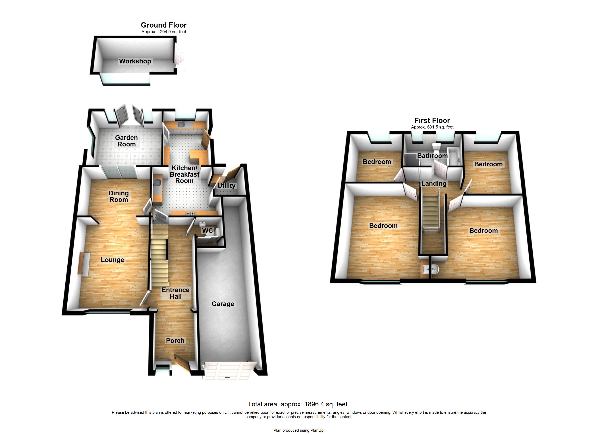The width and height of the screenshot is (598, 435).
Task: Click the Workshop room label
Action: [x=135, y=61]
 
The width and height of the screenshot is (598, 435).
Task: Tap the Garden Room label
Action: [x=126, y=141]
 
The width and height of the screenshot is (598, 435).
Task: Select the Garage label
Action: [x=223, y=304]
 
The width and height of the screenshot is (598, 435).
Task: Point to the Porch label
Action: [x=175, y=341]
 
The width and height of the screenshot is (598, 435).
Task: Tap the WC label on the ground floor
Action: [x=207, y=231]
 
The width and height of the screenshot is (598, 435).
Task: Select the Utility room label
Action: [x=226, y=186]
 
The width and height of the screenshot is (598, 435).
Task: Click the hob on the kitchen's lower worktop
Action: [x=190, y=213]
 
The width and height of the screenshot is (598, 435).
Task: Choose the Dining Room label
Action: [x=119, y=196]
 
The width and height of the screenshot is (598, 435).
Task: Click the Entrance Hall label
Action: [x=176, y=293]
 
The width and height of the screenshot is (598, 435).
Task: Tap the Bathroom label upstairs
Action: [x=432, y=156]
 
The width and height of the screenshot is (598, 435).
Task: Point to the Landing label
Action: [x=434, y=184]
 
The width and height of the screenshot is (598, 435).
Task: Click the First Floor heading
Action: [x=432, y=121]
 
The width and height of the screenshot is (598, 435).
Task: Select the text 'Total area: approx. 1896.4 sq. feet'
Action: [x=297, y=404]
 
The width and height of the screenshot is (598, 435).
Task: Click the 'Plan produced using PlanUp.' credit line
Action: [x=299, y=430]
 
